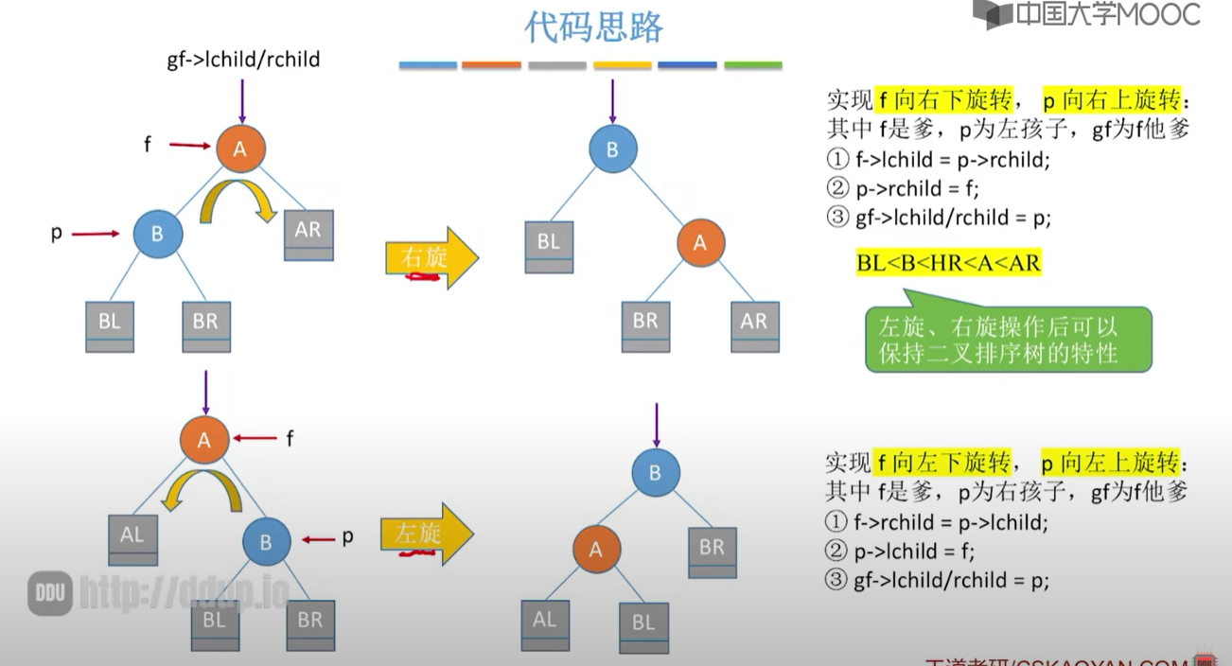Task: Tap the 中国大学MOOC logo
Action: (x=1089, y=15)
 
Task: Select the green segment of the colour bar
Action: (x=753, y=65)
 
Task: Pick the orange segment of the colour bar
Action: (x=491, y=65)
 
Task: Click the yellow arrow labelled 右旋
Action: (x=431, y=257)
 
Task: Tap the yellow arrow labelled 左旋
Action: (x=426, y=535)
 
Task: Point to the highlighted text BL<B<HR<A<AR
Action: (x=948, y=263)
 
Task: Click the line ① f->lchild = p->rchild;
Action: (x=938, y=159)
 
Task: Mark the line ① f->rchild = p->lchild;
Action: (x=937, y=522)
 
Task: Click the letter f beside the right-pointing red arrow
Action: (x=148, y=145)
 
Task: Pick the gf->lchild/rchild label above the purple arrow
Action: (x=243, y=60)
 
